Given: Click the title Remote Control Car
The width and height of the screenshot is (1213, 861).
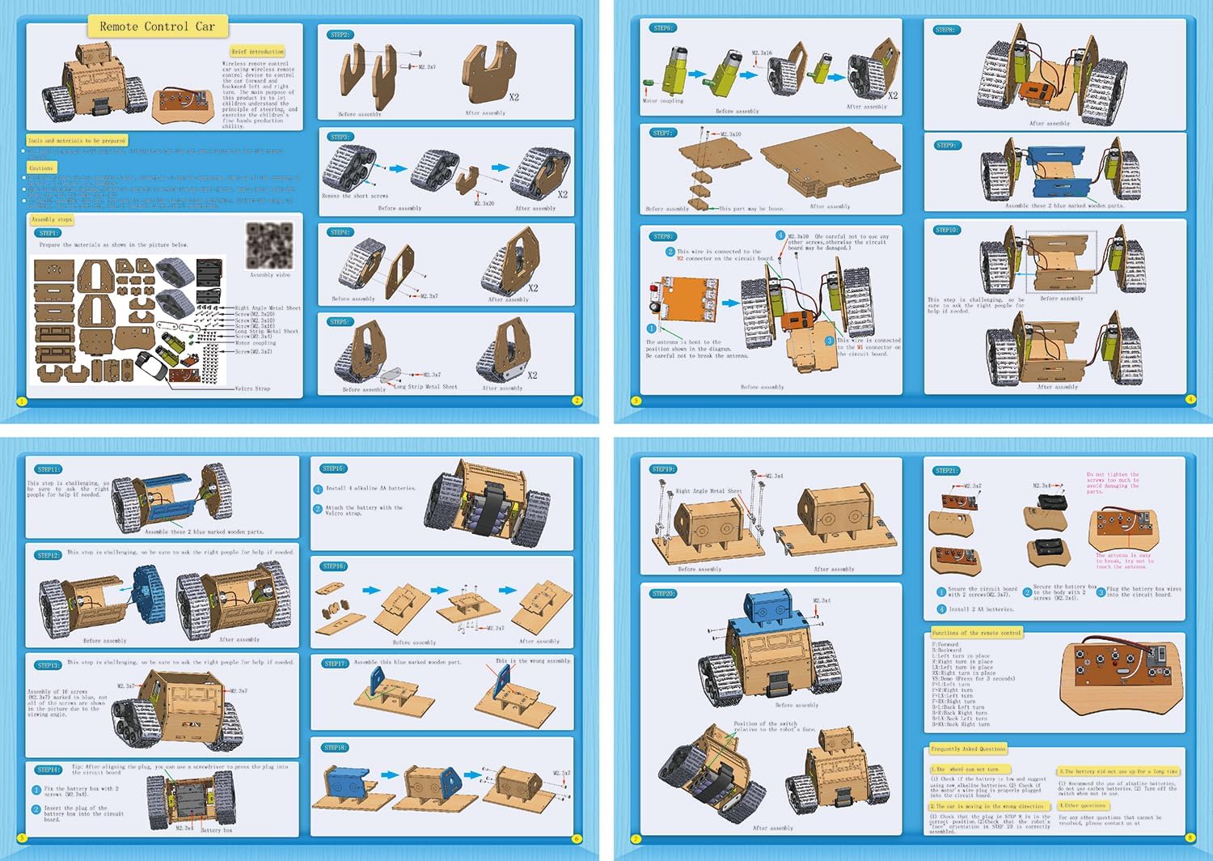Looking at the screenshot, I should click(157, 27).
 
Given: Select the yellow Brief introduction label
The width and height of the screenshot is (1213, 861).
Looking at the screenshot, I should click(257, 52).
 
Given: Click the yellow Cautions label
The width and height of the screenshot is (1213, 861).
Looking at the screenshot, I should click(40, 168).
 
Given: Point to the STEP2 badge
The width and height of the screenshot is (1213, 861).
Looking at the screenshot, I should click(340, 35).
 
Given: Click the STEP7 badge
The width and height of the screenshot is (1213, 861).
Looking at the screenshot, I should click(662, 133).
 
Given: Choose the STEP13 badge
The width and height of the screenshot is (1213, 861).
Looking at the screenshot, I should click(49, 665).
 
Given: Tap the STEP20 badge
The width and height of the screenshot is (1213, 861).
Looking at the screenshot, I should click(663, 593).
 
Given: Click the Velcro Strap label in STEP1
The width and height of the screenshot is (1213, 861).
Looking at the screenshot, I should click(252, 388).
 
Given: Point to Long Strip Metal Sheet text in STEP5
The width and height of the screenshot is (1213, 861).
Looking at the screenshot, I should click(425, 387).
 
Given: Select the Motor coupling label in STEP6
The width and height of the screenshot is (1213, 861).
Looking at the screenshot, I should click(663, 101).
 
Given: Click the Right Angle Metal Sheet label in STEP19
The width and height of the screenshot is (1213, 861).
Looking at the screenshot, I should click(708, 491).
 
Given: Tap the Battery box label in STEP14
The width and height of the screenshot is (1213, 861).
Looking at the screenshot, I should click(216, 830).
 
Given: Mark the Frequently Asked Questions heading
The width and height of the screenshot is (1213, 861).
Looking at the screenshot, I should click(968, 749).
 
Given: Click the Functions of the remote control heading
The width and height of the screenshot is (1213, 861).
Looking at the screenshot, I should click(976, 633).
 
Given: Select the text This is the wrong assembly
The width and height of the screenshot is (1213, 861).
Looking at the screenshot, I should click(533, 661).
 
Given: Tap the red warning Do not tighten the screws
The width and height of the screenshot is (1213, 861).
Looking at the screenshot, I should click(1113, 483).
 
